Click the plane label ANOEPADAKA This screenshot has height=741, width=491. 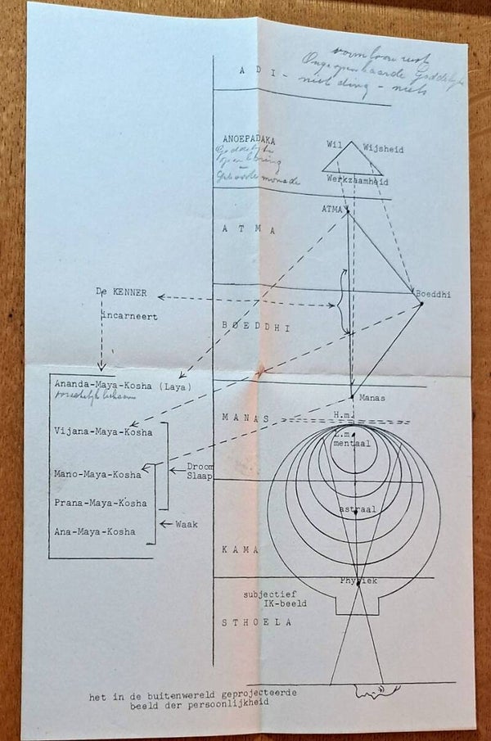click(245, 138)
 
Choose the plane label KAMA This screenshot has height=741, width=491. click(239, 550)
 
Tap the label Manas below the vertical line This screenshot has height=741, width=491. click(371, 397)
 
